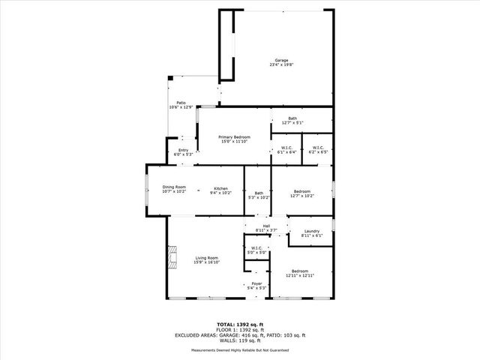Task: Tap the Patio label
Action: click(x=181, y=102)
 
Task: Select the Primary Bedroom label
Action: click(x=234, y=136)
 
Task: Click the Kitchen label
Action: click(x=220, y=188)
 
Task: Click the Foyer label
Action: click(x=256, y=283)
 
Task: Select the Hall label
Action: click(x=266, y=225)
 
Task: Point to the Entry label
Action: click(x=183, y=150)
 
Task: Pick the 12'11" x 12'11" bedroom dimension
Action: click(x=299, y=275)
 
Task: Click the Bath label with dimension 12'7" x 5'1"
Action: click(x=292, y=118)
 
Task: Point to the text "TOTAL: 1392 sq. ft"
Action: click(x=240, y=325)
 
